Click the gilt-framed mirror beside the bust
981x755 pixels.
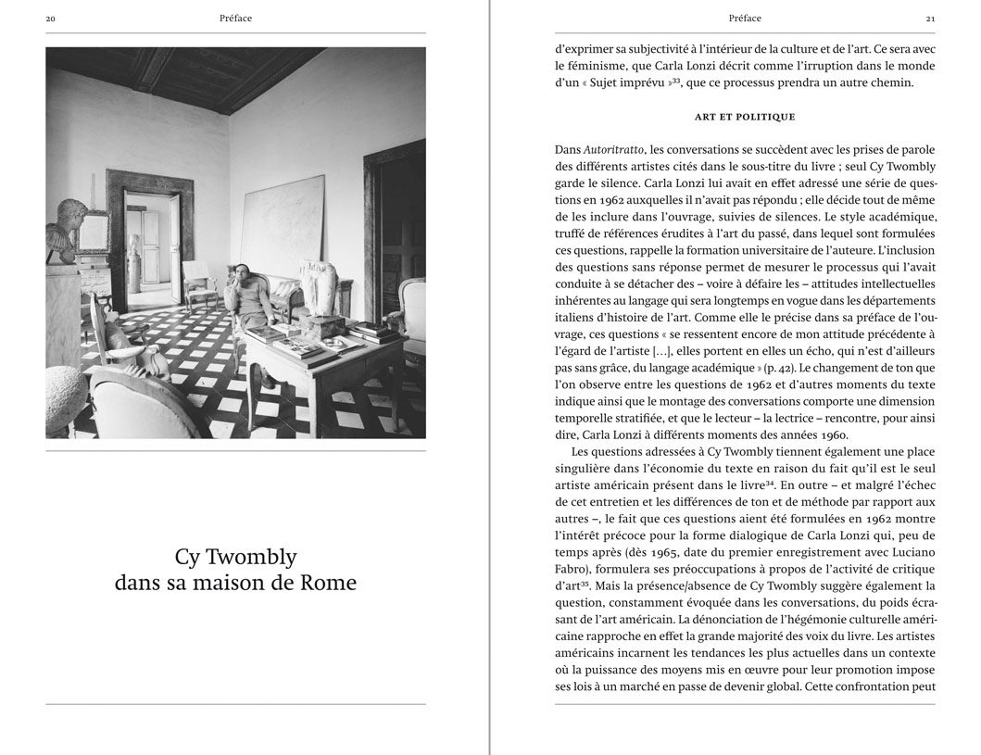(94, 232)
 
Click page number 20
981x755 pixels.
(51, 18)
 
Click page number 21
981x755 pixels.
(930, 18)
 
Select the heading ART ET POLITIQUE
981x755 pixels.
(745, 117)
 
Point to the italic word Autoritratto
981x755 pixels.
(616, 150)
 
